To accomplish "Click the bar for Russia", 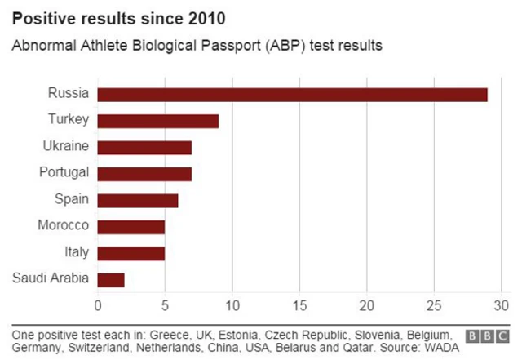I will pos(292,95).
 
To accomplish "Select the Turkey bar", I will pos(157,121).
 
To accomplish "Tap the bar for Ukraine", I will pos(144,147).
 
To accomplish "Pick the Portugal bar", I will pos(144,174).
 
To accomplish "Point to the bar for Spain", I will pos(137,200).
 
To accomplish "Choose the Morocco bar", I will pos(130,226).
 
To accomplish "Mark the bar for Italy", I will pos(130,253).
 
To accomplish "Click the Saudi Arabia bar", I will pos(111,279).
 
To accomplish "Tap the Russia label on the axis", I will pos(68,93).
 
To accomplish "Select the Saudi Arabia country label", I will pos(51,278).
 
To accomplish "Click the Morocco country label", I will pos(63,225).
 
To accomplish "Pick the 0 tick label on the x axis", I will pos(98,307).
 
